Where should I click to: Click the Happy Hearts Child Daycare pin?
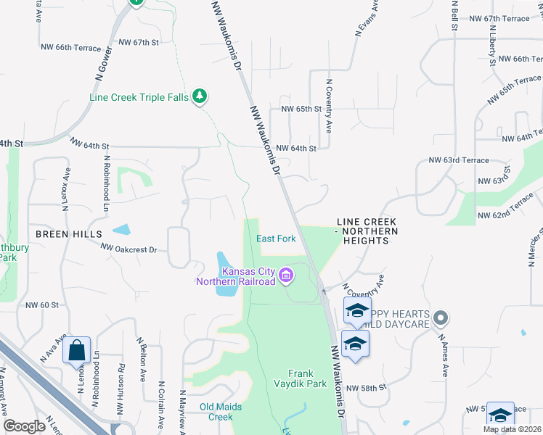pyautogui.click(x=442, y=318)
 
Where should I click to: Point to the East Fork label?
pyautogui.click(x=276, y=239)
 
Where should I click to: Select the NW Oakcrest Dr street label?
pyautogui.click(x=129, y=249)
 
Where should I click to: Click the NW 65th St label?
pyautogui.click(x=301, y=109)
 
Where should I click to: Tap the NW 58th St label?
pyautogui.click(x=365, y=389)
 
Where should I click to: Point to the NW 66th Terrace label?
pyautogui.click(x=69, y=47)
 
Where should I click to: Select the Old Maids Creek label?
pyautogui.click(x=216, y=412)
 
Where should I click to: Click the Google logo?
pyautogui.click(x=25, y=426)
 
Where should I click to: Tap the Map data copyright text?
pyautogui.click(x=512, y=429)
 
